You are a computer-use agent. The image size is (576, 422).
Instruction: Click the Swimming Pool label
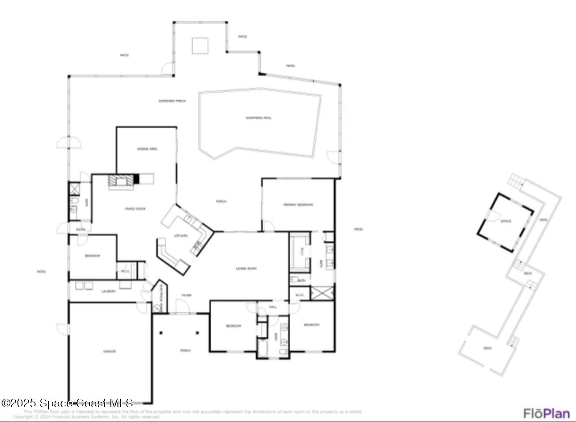pos(258,118)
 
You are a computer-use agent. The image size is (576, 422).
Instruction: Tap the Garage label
pos(109,351)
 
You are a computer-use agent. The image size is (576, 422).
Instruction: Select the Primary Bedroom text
pos(298,205)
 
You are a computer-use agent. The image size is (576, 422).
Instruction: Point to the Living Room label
pos(246,268)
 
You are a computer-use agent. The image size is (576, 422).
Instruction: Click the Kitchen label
pos(181,236)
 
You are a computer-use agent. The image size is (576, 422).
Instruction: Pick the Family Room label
pos(135,209)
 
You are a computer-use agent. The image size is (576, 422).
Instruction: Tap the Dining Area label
pos(147,149)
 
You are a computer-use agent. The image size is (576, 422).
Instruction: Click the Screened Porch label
pos(172,101)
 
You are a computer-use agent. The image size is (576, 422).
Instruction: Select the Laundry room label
pos(109,291)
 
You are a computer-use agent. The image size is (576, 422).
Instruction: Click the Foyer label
pos(186,295)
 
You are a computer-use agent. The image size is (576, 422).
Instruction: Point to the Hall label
pos(273,307)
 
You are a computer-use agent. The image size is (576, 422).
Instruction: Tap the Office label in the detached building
pos(506,221)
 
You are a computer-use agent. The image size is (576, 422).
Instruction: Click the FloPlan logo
pos(546,413)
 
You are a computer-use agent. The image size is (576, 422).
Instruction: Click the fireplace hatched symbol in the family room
pos(121,180)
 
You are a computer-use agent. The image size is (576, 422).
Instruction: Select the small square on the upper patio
pos(200,45)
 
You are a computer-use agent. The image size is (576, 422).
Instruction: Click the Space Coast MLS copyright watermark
pos(67,403)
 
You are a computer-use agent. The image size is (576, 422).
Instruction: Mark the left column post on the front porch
pos(161,333)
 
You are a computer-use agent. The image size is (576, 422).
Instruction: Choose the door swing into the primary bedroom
pos(268,226)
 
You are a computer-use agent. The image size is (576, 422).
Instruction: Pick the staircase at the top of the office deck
pos(516,181)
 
